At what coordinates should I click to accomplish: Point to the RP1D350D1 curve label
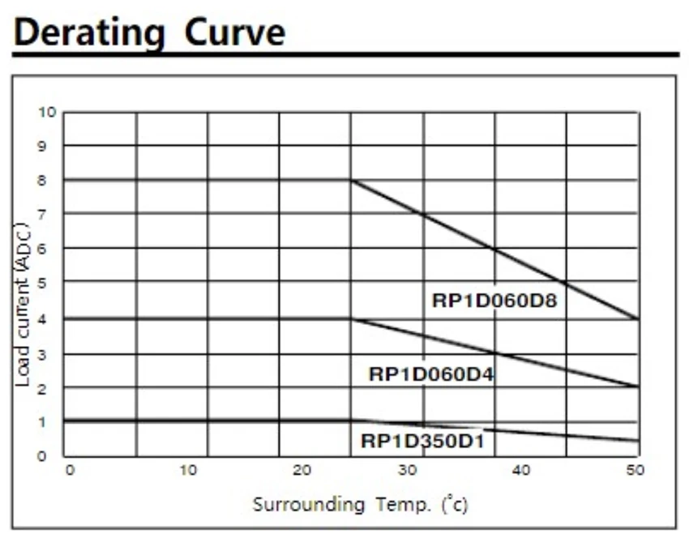(x=422, y=442)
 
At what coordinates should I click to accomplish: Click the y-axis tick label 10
(x=48, y=112)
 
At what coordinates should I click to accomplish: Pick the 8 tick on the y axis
(x=51, y=180)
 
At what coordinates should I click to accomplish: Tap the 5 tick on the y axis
(x=51, y=283)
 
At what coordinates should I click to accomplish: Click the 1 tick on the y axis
(x=51, y=421)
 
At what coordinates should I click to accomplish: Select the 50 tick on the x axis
(x=636, y=470)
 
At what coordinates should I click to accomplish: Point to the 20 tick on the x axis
(x=301, y=470)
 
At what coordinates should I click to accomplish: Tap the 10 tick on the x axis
(x=187, y=470)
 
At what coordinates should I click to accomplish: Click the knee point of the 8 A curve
(x=351, y=180)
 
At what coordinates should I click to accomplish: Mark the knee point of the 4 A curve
(x=351, y=318)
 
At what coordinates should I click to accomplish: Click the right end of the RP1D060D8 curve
(x=638, y=318)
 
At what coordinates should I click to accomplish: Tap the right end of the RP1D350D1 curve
(x=638, y=440)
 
